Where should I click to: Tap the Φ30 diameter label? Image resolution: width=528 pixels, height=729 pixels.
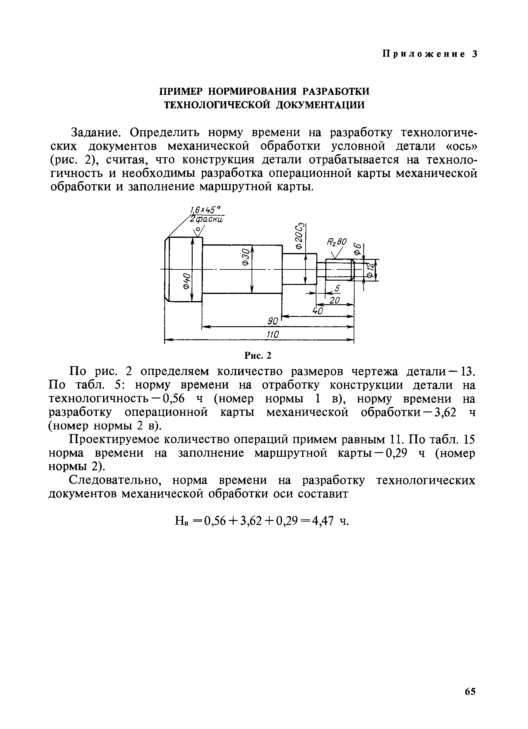pos(245,257)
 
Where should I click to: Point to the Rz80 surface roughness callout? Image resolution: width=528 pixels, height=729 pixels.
pos(337,242)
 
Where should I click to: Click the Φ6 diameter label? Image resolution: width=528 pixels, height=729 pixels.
pos(356,249)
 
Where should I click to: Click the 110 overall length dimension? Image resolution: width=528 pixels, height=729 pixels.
pos(272,335)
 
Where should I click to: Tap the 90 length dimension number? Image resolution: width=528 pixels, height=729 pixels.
pos(273,321)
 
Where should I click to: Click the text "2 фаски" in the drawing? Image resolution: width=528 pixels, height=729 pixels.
pos(206,219)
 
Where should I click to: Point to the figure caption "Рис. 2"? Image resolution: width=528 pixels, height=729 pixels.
pos(258,355)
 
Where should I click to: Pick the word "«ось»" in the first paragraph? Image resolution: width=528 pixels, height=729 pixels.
pos(460,146)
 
